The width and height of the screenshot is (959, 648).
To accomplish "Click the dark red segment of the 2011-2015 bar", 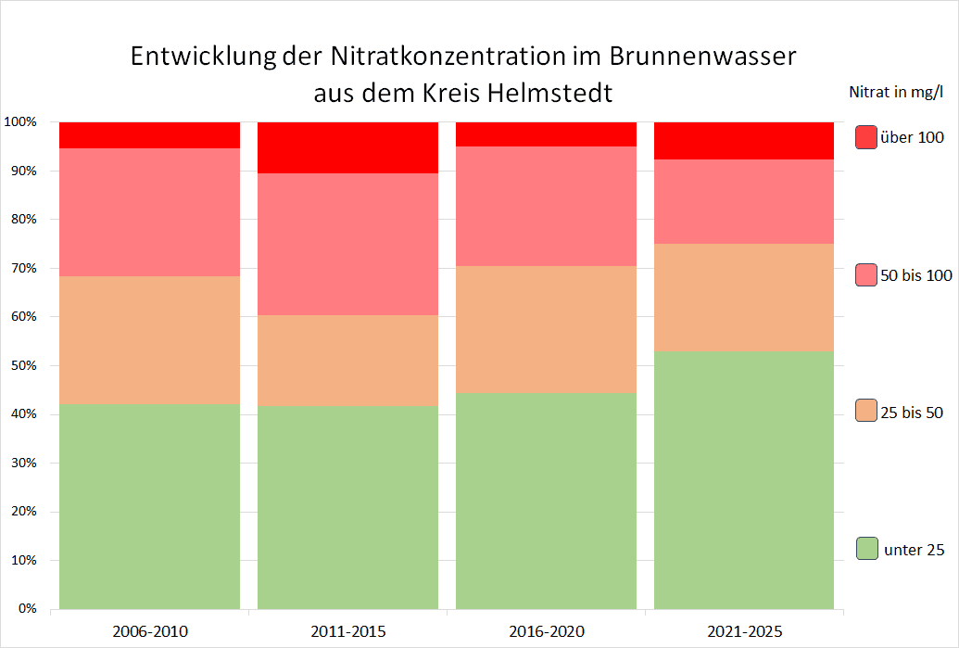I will pyautogui.click(x=347, y=147).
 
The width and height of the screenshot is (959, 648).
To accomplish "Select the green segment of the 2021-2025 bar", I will pyautogui.click(x=744, y=480).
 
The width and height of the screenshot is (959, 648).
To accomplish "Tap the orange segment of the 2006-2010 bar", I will pyautogui.click(x=149, y=339).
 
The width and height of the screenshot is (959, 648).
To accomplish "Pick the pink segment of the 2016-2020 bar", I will pyautogui.click(x=546, y=206).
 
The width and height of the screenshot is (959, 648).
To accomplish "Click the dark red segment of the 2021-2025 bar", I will pyautogui.click(x=744, y=140).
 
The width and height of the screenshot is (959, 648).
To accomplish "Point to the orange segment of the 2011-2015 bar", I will pyautogui.click(x=347, y=360).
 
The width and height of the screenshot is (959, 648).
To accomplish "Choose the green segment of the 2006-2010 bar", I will pyautogui.click(x=149, y=506).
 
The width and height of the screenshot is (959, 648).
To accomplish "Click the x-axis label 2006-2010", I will pyautogui.click(x=150, y=632).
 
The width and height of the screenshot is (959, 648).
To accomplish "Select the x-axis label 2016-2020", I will pyautogui.click(x=547, y=632).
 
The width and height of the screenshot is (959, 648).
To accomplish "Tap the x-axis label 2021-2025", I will pyautogui.click(x=744, y=632).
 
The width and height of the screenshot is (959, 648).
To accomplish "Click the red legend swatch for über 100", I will pyautogui.click(x=866, y=137).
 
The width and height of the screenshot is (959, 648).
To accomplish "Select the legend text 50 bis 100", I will pyautogui.click(x=915, y=274).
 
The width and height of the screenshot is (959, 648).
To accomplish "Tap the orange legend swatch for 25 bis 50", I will pyautogui.click(x=866, y=411).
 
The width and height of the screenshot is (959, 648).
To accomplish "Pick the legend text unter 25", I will pyautogui.click(x=915, y=550).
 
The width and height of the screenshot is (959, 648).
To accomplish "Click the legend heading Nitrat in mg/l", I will pyautogui.click(x=896, y=91).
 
